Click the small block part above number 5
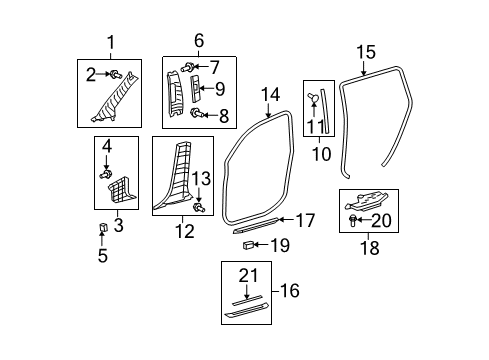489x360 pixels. (104, 229)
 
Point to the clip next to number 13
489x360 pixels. (198, 206)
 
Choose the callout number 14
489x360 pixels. (270, 95)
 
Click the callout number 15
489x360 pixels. (365, 51)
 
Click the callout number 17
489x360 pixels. (305, 221)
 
